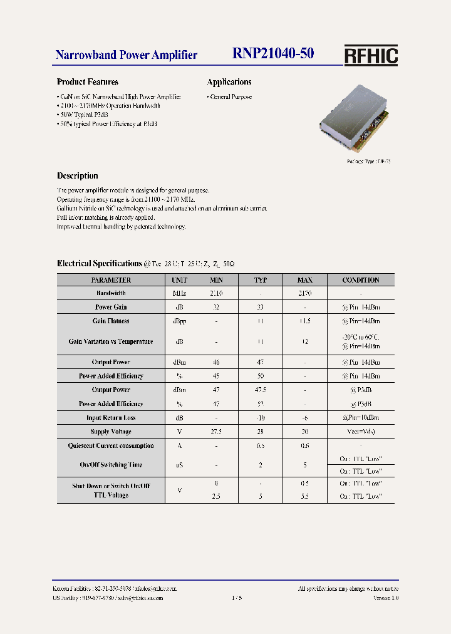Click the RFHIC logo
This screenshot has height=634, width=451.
coord(371,56)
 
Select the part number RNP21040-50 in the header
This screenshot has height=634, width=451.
coord(273,55)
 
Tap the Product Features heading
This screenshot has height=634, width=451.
coord(87,82)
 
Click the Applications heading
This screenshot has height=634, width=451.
coord(229,82)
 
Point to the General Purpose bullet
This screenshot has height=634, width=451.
coord(230,97)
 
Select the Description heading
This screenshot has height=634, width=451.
coord(78,176)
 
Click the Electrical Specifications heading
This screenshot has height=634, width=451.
coord(100,264)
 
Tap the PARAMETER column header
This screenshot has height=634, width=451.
coord(111,280)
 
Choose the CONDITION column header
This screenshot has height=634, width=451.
coord(361,280)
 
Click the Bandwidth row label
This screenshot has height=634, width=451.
coord(111,293)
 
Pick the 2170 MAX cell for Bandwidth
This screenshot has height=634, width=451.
coord(304,293)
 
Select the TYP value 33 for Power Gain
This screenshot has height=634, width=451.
coord(261,307)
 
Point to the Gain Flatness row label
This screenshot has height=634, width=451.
coord(111,321)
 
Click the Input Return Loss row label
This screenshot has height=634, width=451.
coord(111,418)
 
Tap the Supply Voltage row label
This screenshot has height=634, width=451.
coord(111,432)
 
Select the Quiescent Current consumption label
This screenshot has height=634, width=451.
coord(111,446)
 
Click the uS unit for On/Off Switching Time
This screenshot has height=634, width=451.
coord(179,465)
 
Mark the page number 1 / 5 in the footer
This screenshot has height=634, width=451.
coord(236,598)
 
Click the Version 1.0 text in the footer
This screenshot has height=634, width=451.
coord(386,598)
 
